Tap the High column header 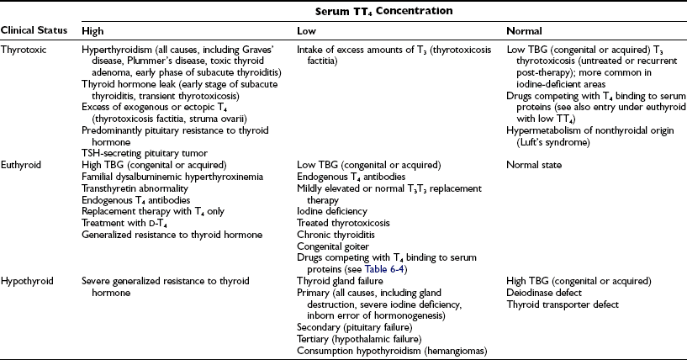pyautogui.click(x=92, y=29)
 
